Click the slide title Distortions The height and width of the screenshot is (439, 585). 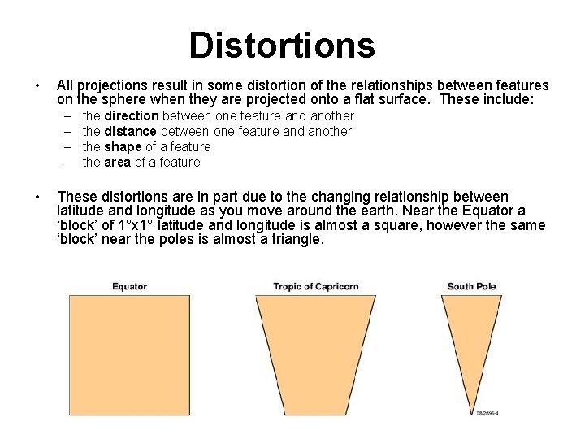(282, 46)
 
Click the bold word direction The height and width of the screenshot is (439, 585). (132, 116)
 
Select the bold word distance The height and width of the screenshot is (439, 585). (131, 132)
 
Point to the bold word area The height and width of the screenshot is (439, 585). (118, 163)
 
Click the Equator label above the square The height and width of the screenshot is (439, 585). (129, 286)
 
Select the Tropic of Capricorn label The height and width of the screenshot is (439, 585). (315, 286)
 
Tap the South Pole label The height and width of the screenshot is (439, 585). (471, 286)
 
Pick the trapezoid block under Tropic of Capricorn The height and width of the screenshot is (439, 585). (314, 350)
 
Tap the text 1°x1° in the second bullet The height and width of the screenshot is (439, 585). (136, 225)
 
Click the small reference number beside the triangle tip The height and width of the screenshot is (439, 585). (487, 413)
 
